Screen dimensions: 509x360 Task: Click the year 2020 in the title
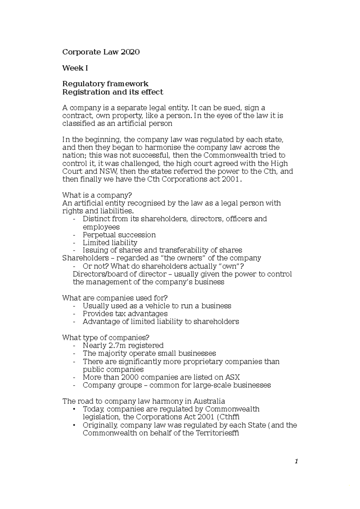pos(130,52)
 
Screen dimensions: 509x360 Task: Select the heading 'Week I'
pos(75,68)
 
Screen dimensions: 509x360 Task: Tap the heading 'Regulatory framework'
pos(105,84)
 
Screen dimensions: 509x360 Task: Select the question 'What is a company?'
pos(97,195)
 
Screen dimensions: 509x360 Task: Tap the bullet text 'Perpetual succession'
pos(119,235)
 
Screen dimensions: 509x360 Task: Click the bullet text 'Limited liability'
pos(110,243)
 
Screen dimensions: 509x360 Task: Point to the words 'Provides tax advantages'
pos(125,314)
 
